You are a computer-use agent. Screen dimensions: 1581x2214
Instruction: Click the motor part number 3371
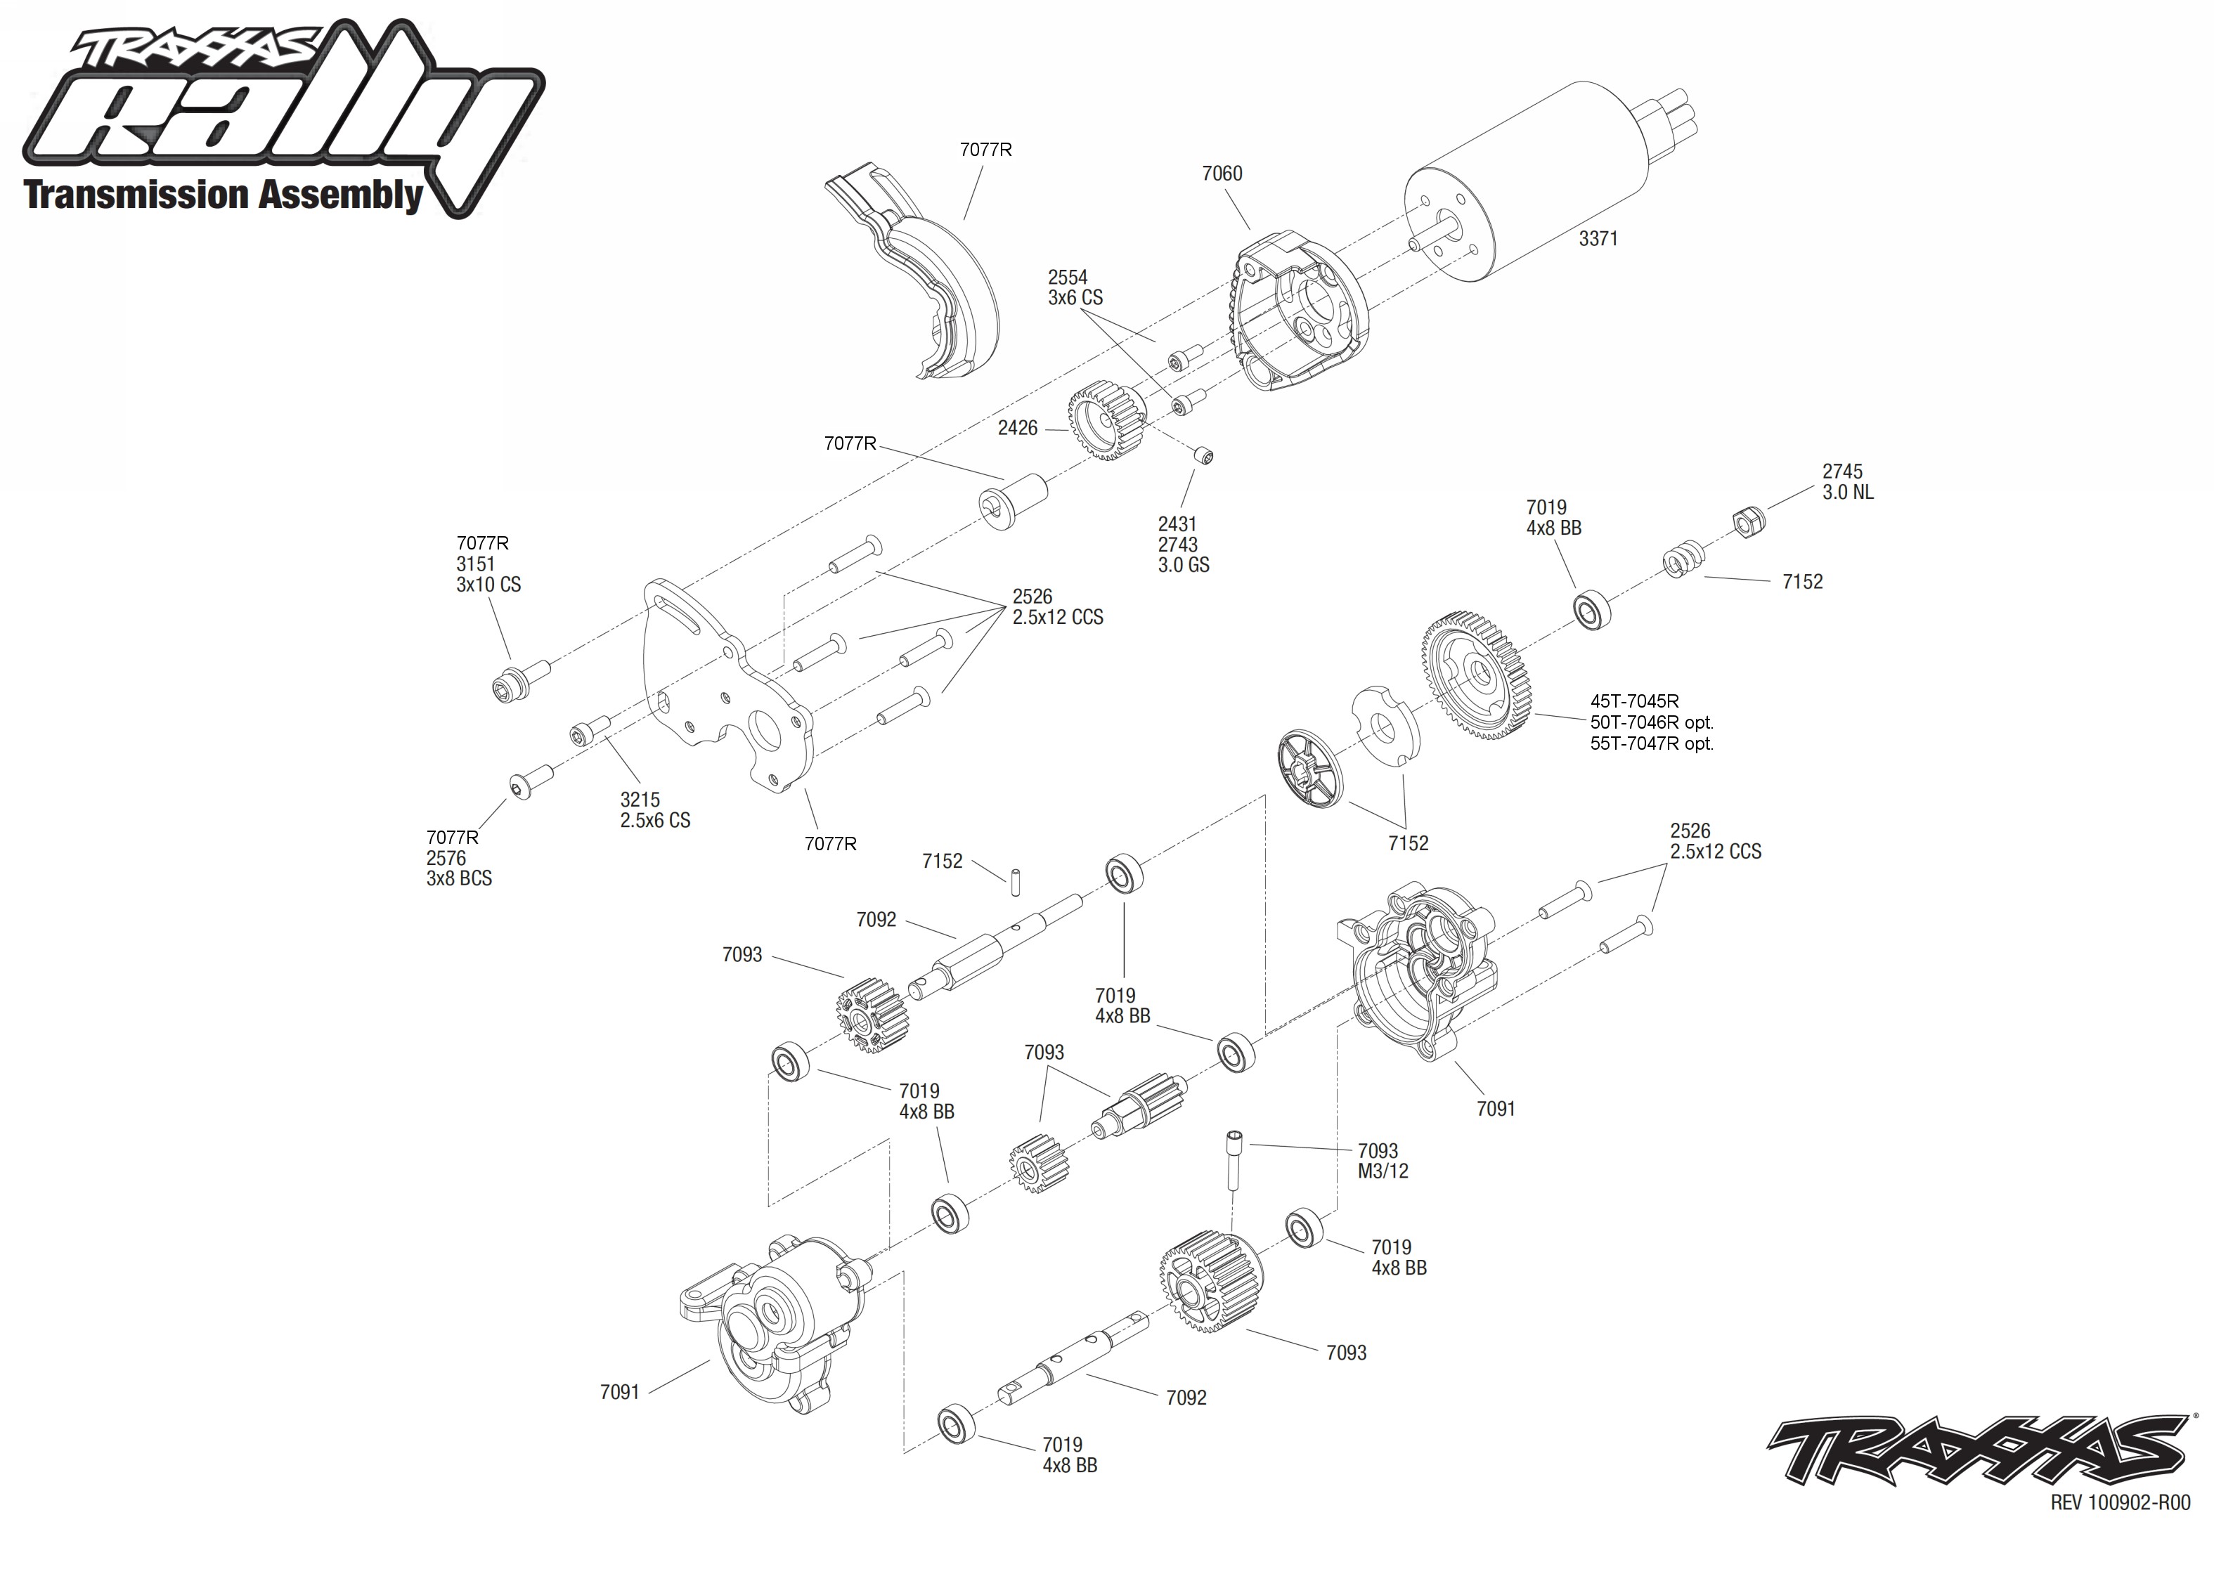click(x=1598, y=238)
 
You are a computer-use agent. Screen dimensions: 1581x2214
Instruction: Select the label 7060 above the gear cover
click(x=1221, y=174)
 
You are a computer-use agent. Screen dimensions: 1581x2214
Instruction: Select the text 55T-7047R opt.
click(x=1651, y=743)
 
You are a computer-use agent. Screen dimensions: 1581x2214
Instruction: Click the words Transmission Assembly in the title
click(x=223, y=195)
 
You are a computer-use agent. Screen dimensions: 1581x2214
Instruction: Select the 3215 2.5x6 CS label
click(x=654, y=810)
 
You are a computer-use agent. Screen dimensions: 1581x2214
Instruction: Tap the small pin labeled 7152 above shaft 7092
click(x=1014, y=879)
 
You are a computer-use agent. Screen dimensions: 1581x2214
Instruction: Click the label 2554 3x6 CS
click(x=1074, y=288)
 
